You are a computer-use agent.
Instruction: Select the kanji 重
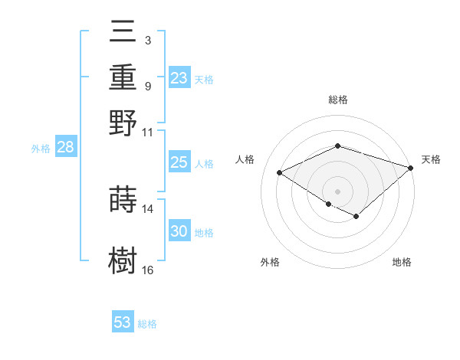tap(123, 77)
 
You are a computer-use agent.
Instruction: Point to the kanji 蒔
tap(123, 199)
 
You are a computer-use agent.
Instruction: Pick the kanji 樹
tap(123, 260)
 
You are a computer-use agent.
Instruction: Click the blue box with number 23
tap(179, 78)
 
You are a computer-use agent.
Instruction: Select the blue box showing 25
tap(179, 162)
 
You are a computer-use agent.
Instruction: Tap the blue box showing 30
tap(179, 232)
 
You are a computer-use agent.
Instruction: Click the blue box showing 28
tap(65, 148)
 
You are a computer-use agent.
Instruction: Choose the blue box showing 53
tap(123, 322)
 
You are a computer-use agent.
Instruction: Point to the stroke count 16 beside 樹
tap(148, 270)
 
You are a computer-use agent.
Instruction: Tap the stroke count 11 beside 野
tap(148, 132)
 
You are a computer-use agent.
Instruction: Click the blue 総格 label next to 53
tap(147, 324)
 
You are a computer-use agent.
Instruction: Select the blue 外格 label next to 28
tap(41, 149)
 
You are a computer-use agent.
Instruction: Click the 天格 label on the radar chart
tap(431, 159)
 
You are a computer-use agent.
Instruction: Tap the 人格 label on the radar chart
tap(245, 159)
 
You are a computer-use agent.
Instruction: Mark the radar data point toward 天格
tap(412, 168)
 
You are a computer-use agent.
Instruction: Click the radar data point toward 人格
tap(280, 173)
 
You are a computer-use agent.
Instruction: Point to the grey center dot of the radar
tap(337, 190)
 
